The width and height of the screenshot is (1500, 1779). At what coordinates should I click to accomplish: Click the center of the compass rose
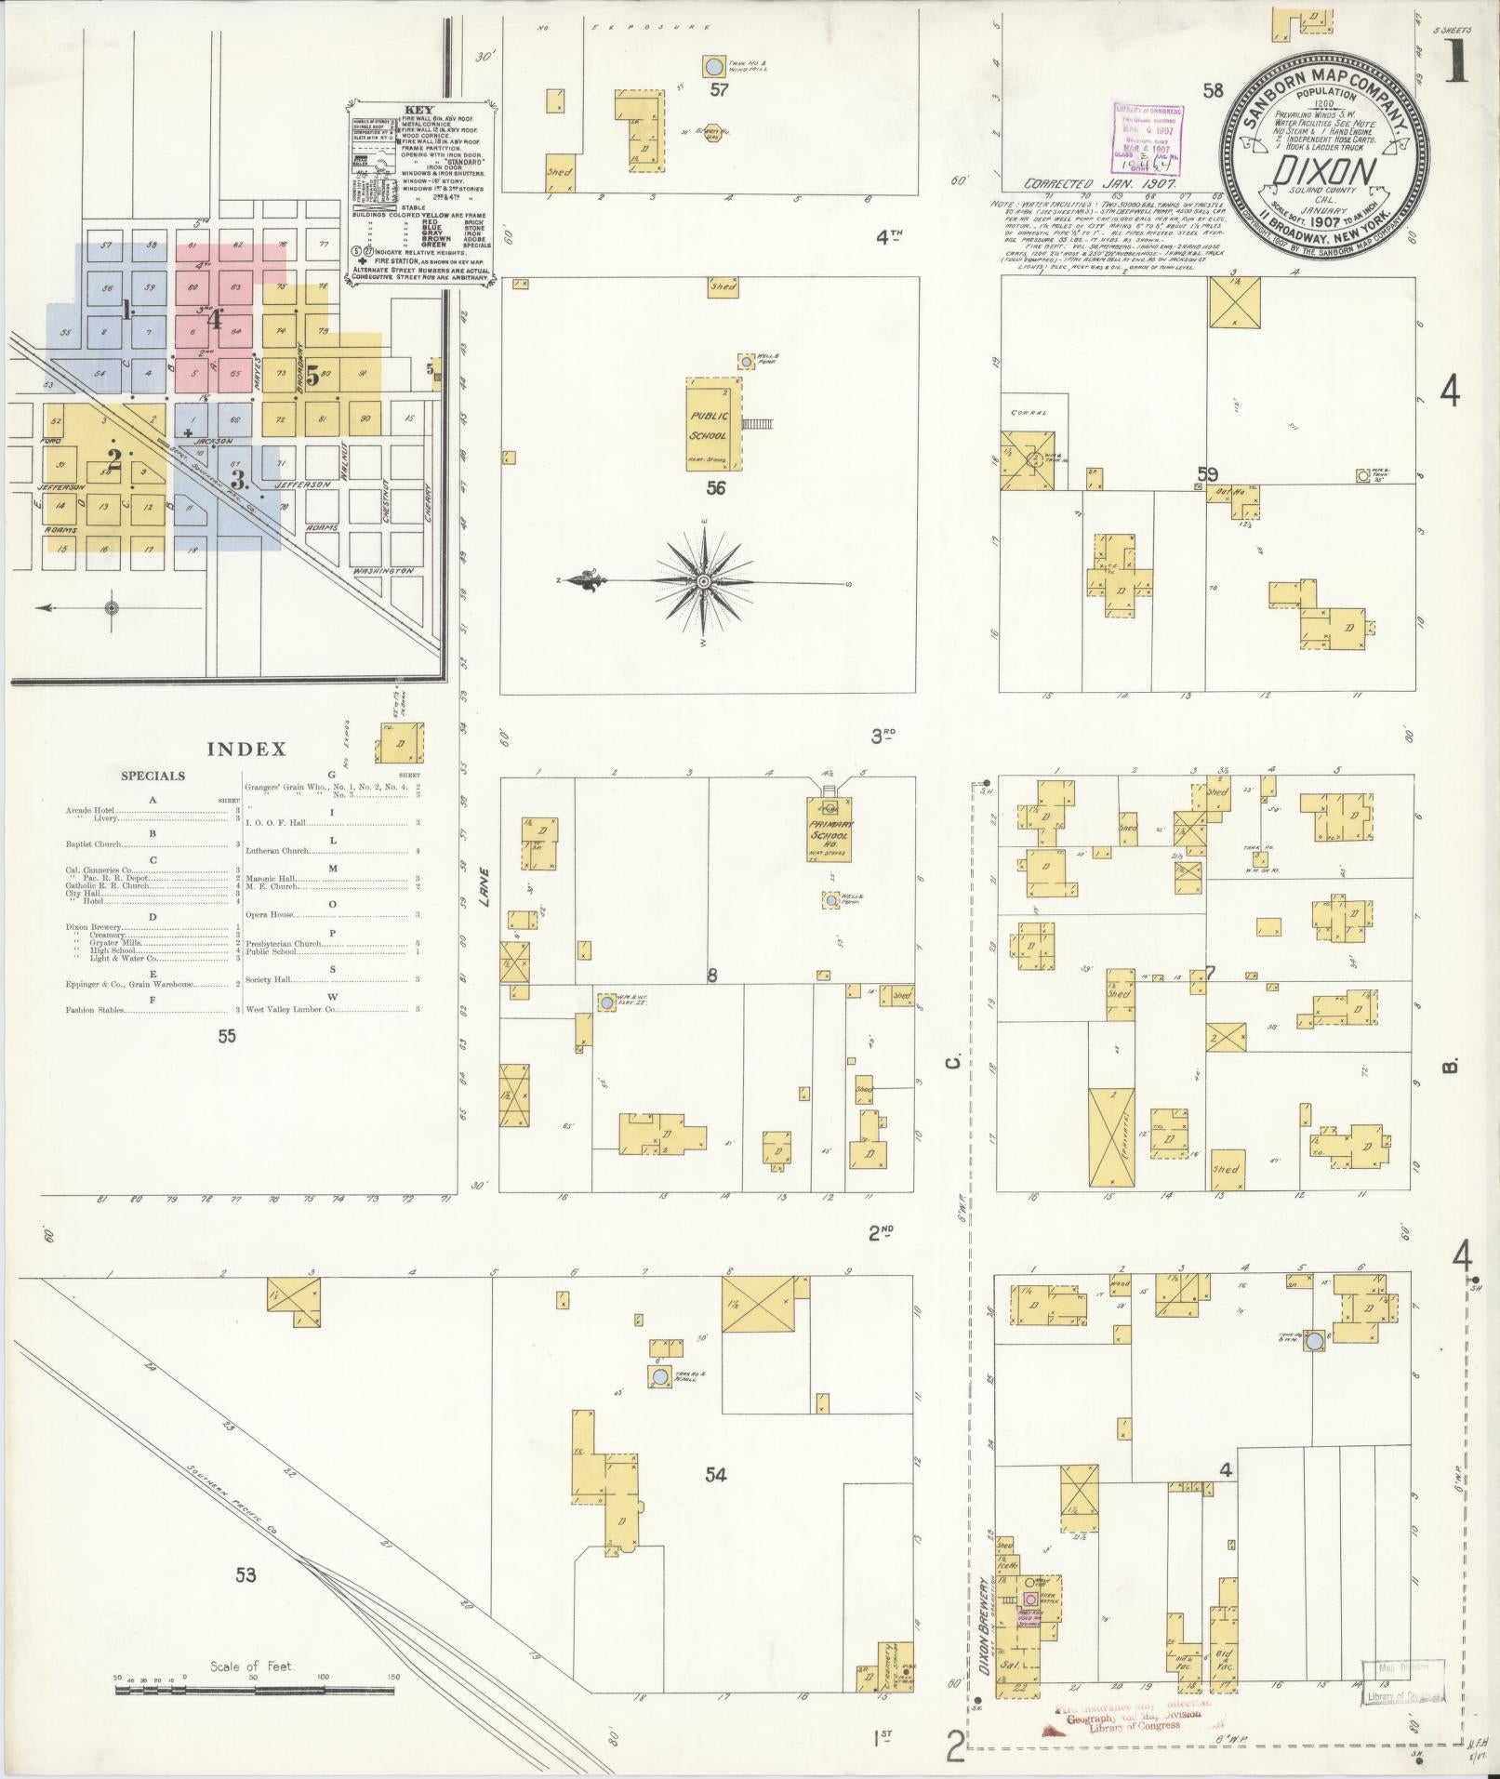click(704, 582)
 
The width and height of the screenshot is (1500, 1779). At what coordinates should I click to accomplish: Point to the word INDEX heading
click(246, 750)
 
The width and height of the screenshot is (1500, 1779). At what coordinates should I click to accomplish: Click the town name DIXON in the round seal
click(1311, 172)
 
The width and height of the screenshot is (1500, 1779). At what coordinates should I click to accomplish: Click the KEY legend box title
click(419, 109)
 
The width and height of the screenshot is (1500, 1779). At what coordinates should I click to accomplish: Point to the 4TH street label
click(890, 236)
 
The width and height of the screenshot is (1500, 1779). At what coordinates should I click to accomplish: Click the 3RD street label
click(883, 737)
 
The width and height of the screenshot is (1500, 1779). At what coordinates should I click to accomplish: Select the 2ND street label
click(881, 1233)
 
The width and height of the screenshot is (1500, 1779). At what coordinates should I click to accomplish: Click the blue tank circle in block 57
click(713, 67)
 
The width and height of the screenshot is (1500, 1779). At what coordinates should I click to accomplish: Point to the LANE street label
click(485, 884)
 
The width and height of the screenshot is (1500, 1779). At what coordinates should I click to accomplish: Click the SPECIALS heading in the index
click(153, 776)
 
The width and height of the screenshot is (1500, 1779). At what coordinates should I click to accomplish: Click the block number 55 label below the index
click(227, 1036)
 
